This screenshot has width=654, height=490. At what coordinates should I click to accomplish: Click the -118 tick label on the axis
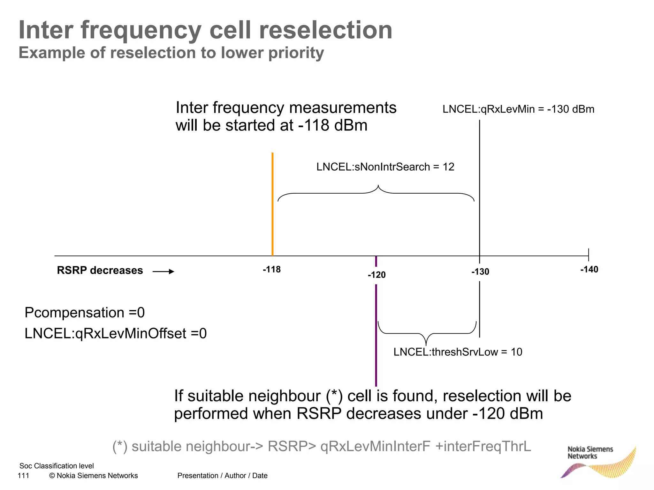click(272, 270)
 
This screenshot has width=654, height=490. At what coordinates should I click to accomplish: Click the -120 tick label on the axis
click(377, 275)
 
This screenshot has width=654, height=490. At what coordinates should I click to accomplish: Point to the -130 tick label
click(480, 272)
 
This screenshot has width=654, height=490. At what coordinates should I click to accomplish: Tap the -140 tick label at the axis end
click(589, 270)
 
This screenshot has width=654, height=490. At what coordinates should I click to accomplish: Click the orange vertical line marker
click(272, 204)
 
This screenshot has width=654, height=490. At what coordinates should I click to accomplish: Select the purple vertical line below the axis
click(376, 335)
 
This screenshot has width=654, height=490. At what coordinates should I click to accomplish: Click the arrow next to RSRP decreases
click(163, 271)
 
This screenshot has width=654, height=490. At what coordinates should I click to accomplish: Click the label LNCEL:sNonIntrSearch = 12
click(385, 167)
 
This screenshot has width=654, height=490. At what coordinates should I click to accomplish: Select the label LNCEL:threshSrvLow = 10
click(458, 352)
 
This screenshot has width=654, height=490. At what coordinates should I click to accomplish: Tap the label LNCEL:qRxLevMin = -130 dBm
click(518, 109)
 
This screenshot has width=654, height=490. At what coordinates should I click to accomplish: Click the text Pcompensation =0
click(85, 312)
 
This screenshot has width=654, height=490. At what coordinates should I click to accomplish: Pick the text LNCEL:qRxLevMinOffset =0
click(116, 333)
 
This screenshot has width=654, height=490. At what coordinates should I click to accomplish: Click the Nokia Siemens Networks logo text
click(590, 452)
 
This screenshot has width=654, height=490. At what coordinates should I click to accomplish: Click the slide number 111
click(23, 476)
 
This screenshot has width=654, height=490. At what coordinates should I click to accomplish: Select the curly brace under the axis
click(427, 333)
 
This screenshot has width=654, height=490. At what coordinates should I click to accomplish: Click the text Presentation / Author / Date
click(222, 476)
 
